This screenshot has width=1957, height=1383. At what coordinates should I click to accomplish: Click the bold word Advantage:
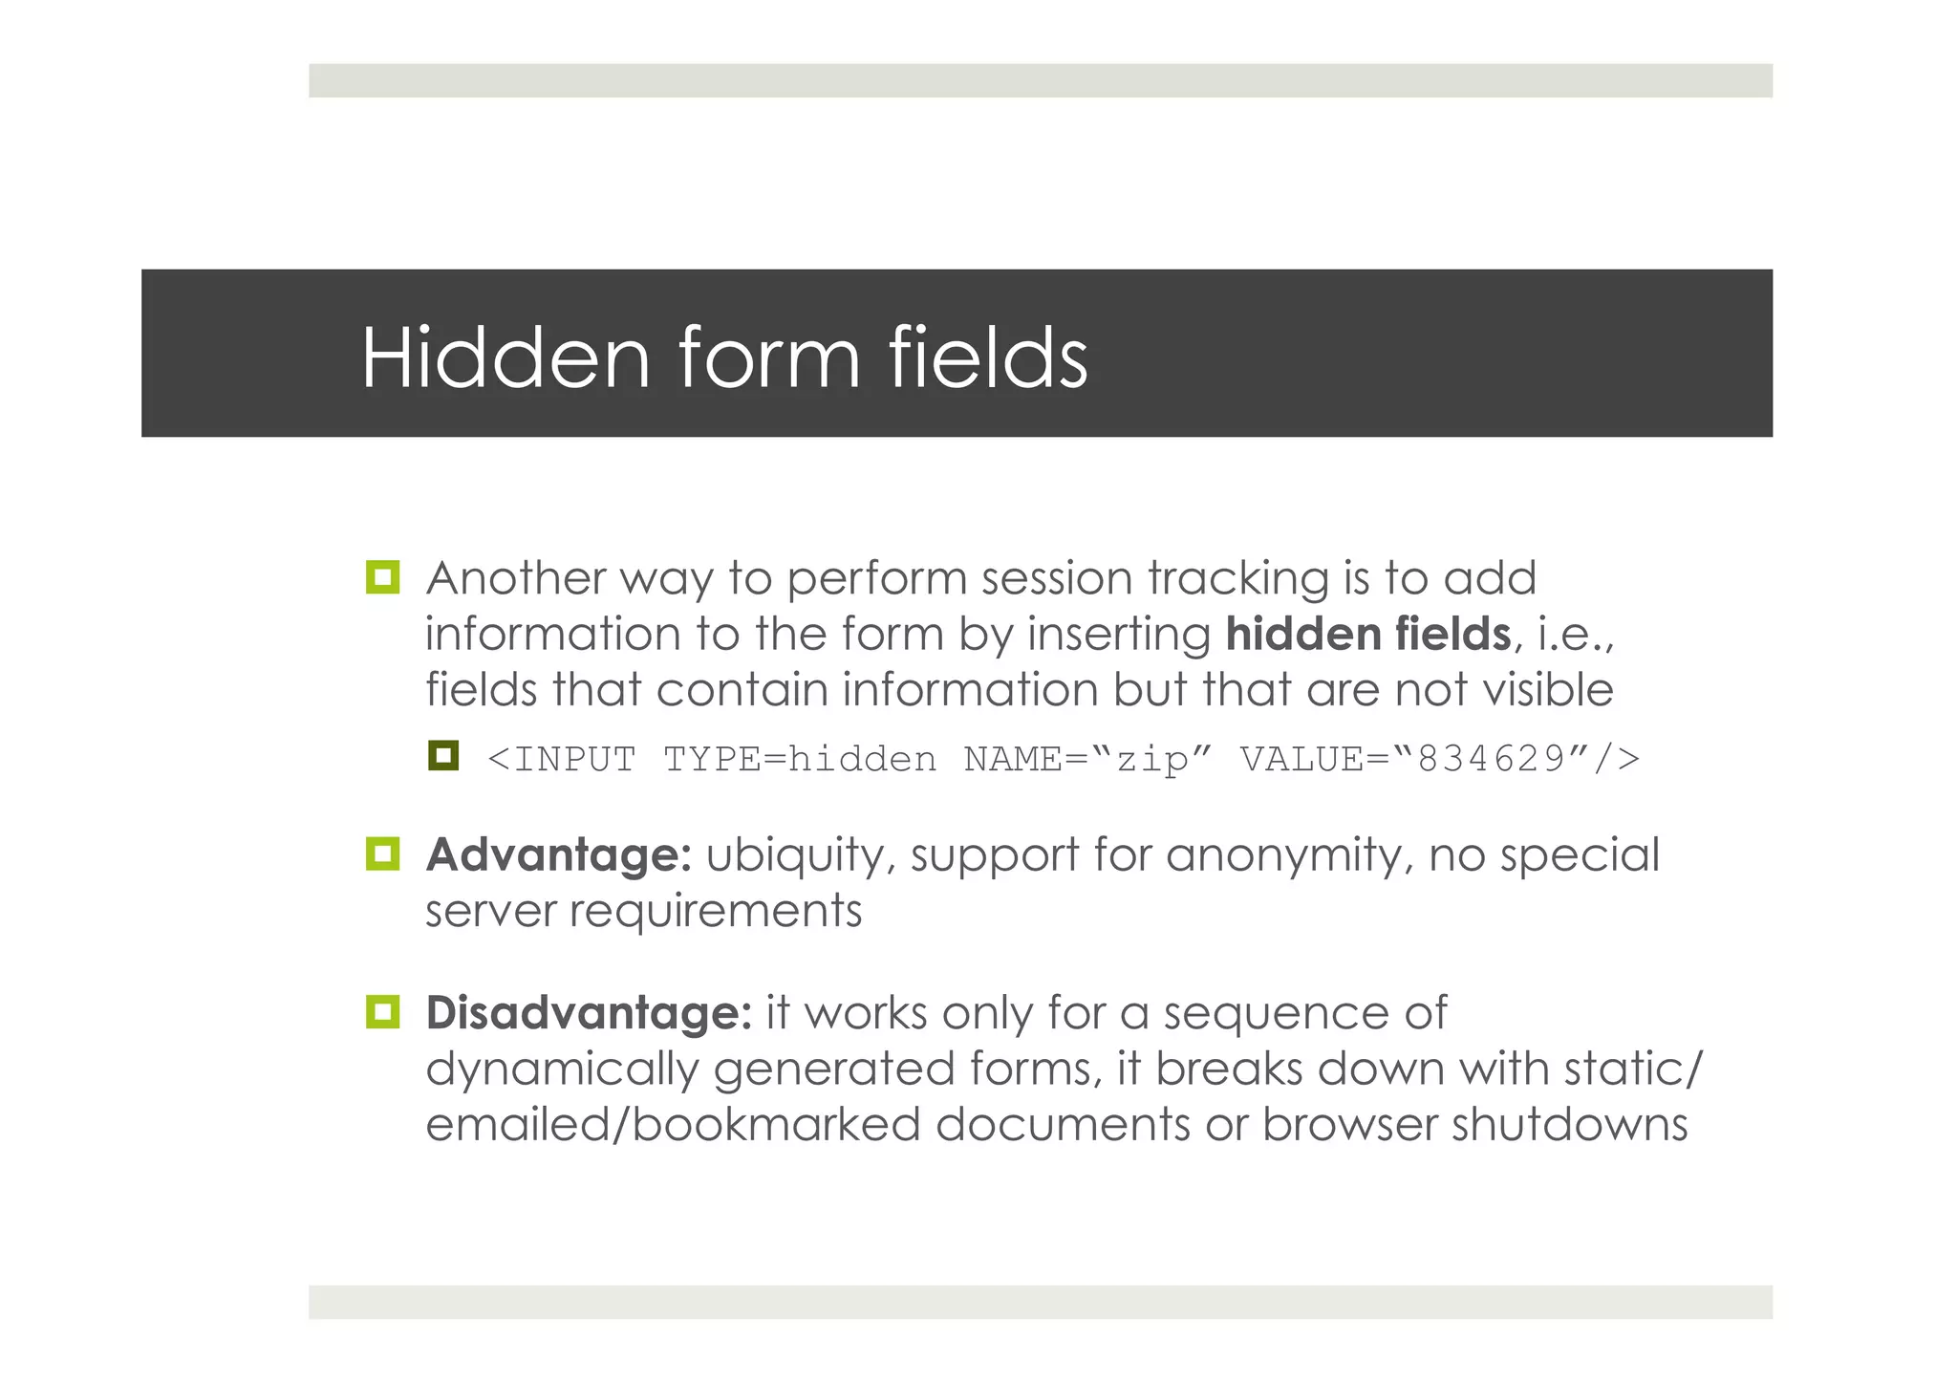(558, 854)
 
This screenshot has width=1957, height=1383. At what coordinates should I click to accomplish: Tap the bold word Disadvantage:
(589, 1013)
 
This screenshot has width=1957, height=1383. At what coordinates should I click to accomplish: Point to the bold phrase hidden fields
(1368, 634)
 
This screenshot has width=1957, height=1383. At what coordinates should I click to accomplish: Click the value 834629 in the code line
(1492, 760)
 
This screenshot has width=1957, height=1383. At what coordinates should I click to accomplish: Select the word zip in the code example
(1152, 761)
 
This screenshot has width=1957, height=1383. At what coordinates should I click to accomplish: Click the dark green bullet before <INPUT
(443, 757)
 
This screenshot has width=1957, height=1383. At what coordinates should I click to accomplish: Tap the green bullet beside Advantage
(383, 854)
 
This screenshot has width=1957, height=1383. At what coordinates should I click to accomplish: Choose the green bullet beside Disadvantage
(383, 1011)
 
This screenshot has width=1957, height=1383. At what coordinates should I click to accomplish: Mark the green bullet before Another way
(383, 577)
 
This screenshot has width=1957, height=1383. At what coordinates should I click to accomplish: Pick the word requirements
(716, 912)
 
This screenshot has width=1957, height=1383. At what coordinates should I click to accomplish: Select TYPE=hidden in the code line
(800, 760)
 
